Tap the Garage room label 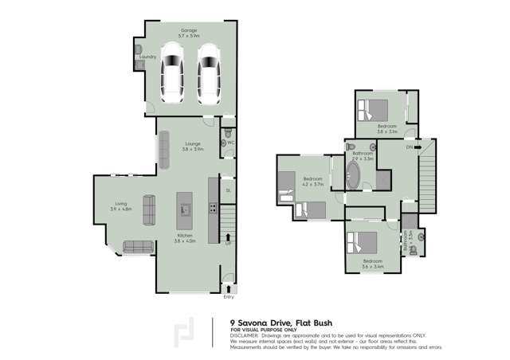(188, 30)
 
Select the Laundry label (147, 57)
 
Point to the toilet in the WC (228, 133)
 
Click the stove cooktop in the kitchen (213, 209)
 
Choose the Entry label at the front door (229, 297)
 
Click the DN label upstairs (408, 147)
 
